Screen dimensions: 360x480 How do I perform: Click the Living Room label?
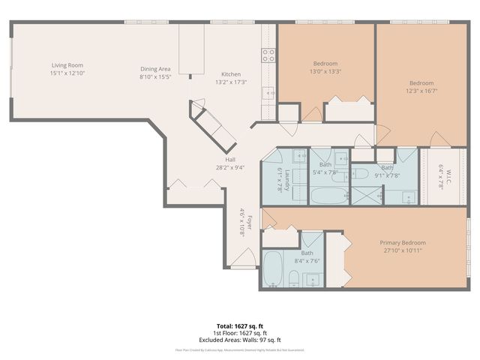tap(67, 65)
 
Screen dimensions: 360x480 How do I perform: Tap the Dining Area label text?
tap(156, 69)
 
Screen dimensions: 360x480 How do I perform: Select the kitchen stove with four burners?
tap(268, 54)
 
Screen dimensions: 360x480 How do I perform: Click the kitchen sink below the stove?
tap(267, 93)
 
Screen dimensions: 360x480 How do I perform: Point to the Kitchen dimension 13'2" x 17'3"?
tap(230, 82)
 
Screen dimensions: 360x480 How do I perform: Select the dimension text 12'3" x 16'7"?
tap(421, 91)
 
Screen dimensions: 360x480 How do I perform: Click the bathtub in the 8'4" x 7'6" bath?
tap(272, 270)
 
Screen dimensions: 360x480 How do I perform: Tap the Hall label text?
tap(230, 160)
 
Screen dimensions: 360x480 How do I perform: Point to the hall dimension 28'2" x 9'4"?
tap(230, 168)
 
